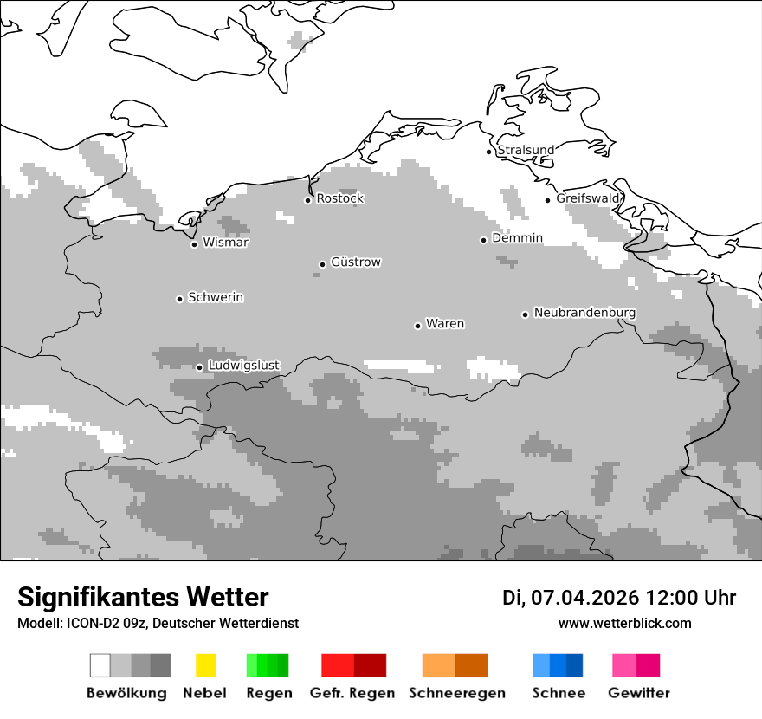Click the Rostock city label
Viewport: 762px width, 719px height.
pyautogui.click(x=339, y=198)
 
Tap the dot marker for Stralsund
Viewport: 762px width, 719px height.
pyautogui.click(x=489, y=152)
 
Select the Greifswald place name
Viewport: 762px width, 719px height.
pyautogui.click(x=588, y=198)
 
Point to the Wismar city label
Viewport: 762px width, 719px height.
pyautogui.click(x=225, y=243)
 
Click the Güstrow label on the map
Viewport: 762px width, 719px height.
pyautogui.click(x=355, y=262)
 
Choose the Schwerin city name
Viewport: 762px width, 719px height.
pyautogui.click(x=216, y=297)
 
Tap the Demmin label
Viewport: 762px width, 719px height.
pyautogui.click(x=517, y=238)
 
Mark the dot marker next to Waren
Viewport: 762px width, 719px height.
pyautogui.click(x=418, y=326)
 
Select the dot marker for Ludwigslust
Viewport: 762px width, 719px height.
pyautogui.click(x=199, y=367)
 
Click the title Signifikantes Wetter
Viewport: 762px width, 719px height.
pyautogui.click(x=143, y=598)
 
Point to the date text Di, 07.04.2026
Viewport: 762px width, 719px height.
pyautogui.click(x=571, y=598)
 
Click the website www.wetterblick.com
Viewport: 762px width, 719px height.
pyautogui.click(x=624, y=623)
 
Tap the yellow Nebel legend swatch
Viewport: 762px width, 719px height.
pyautogui.click(x=205, y=665)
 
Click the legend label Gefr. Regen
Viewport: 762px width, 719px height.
pyautogui.click(x=352, y=693)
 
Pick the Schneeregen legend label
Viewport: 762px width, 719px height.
pyautogui.click(x=456, y=693)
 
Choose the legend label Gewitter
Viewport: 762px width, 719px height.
pyautogui.click(x=639, y=693)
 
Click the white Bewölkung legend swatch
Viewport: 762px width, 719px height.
pyautogui.click(x=100, y=665)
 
